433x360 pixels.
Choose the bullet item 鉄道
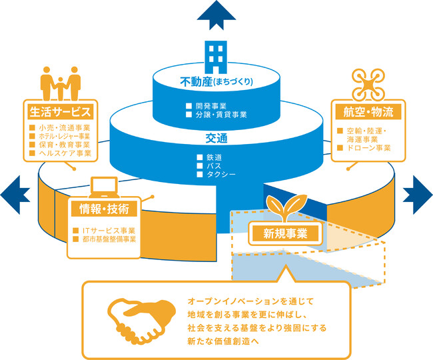tap(214, 157)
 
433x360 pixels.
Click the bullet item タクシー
tap(220, 175)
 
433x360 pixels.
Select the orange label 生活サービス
tap(60, 109)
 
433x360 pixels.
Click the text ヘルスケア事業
tap(64, 153)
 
